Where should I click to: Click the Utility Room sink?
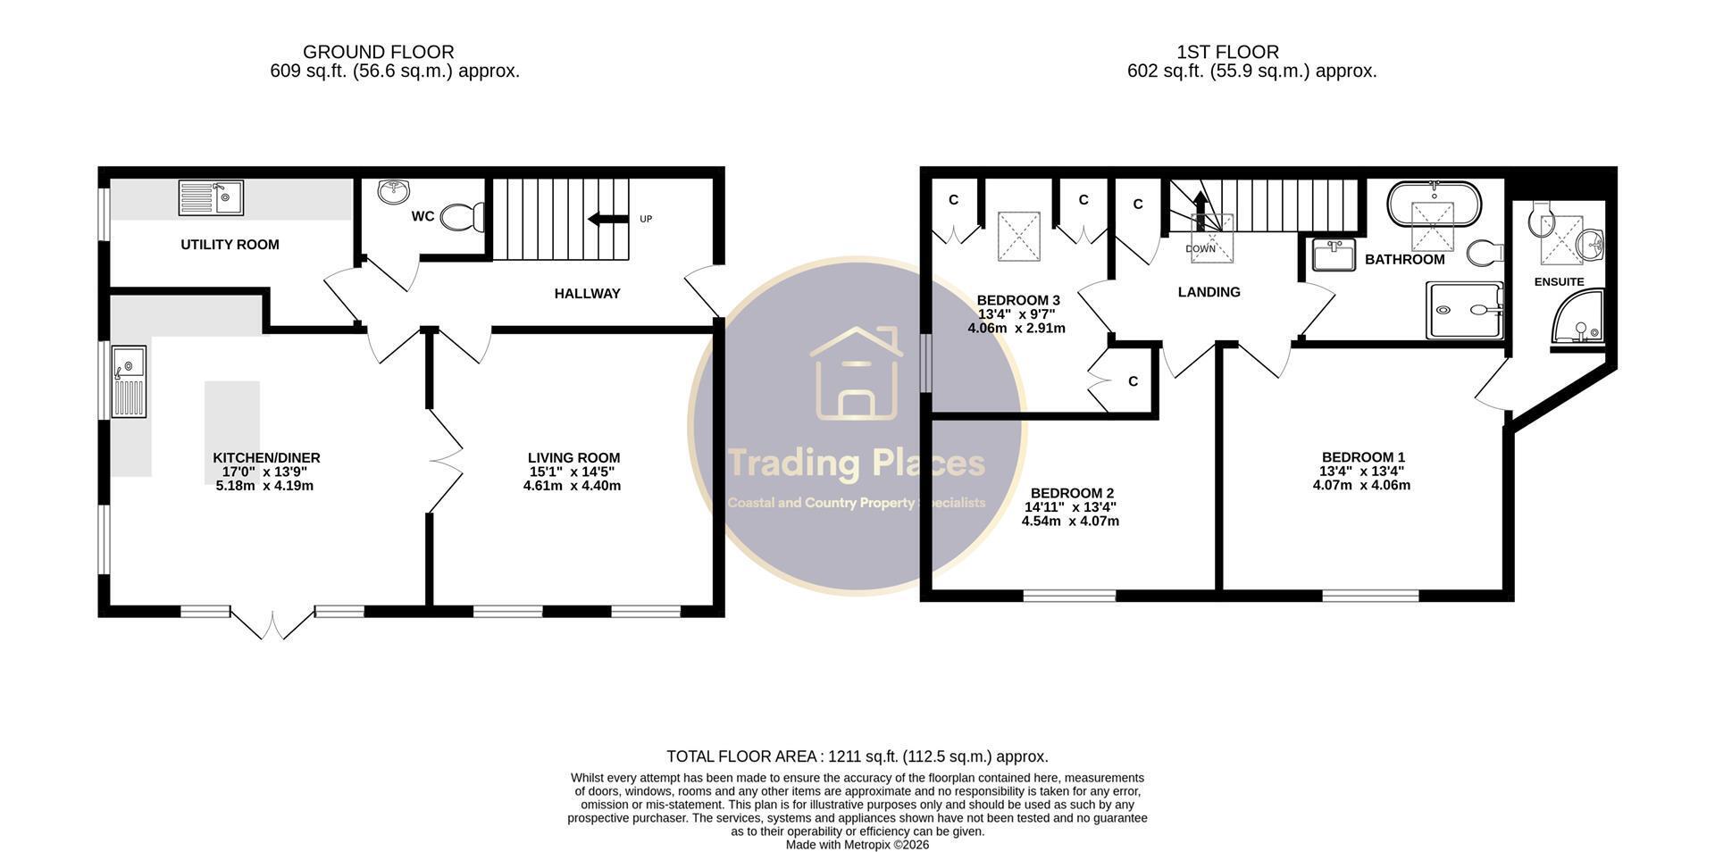211,197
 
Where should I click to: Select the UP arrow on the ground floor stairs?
607,219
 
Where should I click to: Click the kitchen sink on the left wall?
130,382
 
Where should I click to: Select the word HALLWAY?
587,294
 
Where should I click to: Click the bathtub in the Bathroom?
1434,205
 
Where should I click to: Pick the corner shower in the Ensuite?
1579,321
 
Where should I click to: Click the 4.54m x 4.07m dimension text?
1070,522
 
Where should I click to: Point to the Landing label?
1209,292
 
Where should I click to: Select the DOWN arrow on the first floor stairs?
1200,214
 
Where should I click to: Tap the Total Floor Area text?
857,756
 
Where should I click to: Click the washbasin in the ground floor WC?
395,190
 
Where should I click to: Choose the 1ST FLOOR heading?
1227,53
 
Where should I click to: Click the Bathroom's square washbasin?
1334,255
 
